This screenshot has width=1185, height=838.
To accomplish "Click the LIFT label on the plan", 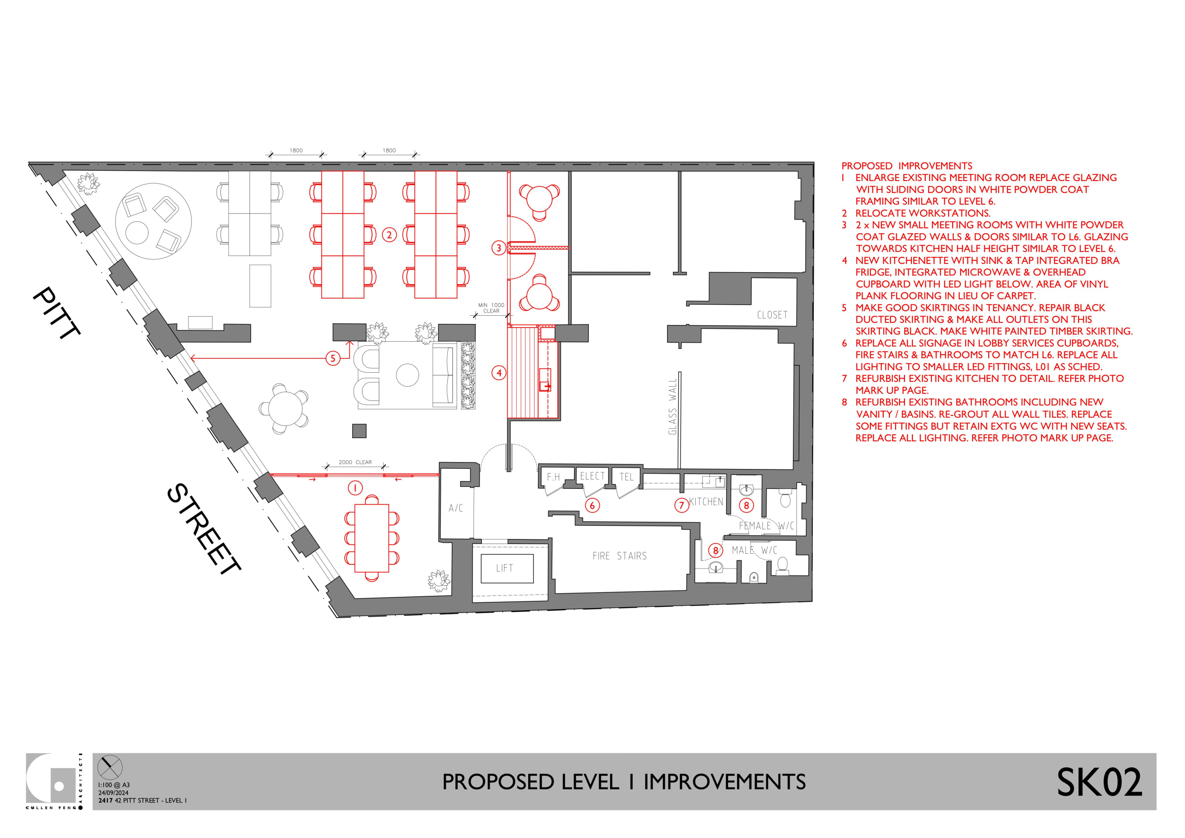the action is click(x=504, y=568).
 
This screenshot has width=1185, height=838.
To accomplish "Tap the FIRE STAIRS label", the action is click(x=619, y=556).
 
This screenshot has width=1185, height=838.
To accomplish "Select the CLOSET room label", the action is click(x=772, y=315).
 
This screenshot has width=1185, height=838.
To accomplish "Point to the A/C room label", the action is click(x=456, y=508).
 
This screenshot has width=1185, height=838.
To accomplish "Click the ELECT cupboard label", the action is click(x=592, y=476).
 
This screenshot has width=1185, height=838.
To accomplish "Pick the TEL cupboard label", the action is click(x=626, y=477).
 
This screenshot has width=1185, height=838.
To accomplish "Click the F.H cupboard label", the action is click(x=553, y=477).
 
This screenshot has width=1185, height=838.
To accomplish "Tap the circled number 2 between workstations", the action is click(x=389, y=235).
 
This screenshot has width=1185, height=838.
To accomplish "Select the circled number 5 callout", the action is click(x=333, y=358).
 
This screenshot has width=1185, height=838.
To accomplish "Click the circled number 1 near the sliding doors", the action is click(x=355, y=488).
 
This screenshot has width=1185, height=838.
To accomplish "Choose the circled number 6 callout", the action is click(x=592, y=506).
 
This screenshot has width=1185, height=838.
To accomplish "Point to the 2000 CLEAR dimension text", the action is click(x=355, y=463).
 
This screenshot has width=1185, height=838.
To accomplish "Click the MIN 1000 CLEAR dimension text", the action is click(x=491, y=308).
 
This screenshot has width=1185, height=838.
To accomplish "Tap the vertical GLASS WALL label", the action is click(x=672, y=407).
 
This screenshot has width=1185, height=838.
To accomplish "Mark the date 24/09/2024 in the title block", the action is click(x=113, y=793).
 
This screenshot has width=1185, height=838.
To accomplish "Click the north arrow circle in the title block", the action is click(x=110, y=767).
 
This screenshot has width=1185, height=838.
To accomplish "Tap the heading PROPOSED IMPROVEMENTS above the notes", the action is click(x=907, y=166).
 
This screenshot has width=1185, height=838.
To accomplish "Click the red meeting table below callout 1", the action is click(x=372, y=538).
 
